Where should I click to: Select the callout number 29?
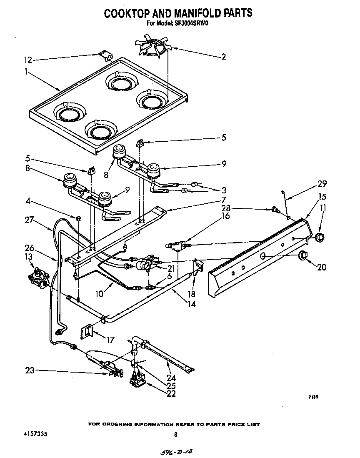point(322,183)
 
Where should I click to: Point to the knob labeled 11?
point(319,238)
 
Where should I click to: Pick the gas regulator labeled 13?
point(38,277)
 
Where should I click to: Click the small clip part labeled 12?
point(104,56)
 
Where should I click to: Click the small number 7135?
point(313,397)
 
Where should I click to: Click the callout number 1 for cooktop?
point(26,72)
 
